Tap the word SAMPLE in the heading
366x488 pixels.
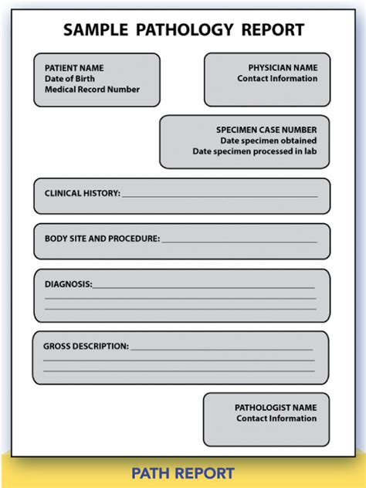[97, 30]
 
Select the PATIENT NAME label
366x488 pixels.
[74, 68]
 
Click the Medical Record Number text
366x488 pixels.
[92, 90]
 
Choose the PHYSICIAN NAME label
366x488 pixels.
[283, 68]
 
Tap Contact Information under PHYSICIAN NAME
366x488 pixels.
[277, 79]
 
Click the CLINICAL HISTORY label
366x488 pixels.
[82, 194]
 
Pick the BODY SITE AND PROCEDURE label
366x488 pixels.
[102, 239]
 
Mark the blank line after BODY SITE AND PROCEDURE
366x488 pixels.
[239, 241]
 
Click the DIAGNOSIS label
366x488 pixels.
[68, 284]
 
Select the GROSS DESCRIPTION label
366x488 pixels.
[86, 347]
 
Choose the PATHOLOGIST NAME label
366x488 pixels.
[276, 408]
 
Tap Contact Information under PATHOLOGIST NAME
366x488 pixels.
[276, 419]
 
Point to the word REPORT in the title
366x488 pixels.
[272, 30]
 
